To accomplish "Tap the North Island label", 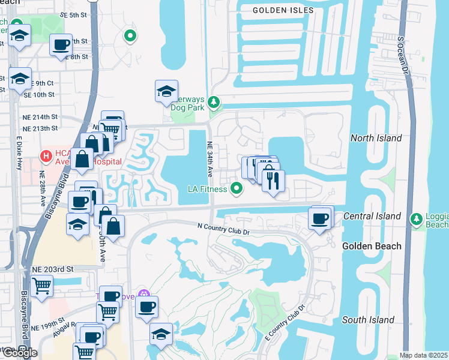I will tap(376, 138).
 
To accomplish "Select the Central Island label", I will tap(372, 216).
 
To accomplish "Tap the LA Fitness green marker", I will tap(237, 189).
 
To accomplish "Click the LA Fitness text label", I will tap(207, 190).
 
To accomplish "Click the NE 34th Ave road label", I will tap(210, 159).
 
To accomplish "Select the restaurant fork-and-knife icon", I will tap(273, 181).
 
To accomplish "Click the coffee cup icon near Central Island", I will tap(320, 218).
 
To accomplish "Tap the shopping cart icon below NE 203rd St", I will tap(41, 285).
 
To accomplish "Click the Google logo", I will tap(20, 353).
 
